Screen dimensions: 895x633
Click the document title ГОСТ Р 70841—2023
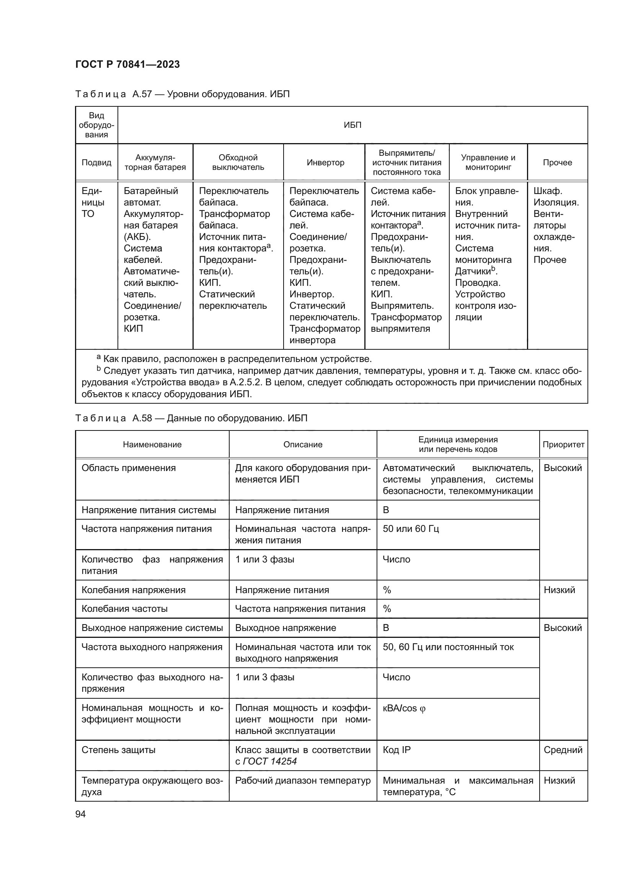click(x=127, y=64)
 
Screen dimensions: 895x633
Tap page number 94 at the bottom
click(x=80, y=814)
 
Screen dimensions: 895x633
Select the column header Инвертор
click(x=325, y=163)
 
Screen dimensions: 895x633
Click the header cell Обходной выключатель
click(x=238, y=163)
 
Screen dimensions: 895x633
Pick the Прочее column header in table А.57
click(x=557, y=163)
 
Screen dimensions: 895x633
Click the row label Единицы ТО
click(x=93, y=202)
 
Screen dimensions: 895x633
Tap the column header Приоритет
click(x=563, y=444)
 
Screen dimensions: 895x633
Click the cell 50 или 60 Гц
click(x=410, y=529)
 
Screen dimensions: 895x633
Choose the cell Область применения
click(x=129, y=468)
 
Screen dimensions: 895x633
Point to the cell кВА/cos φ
click(x=404, y=709)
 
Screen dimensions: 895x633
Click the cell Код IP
click(x=396, y=750)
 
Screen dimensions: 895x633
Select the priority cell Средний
click(x=563, y=750)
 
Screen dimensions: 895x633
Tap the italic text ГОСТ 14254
click(x=270, y=761)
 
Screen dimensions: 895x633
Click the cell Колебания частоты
click(x=124, y=609)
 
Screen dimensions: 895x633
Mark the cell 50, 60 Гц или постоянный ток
click(x=448, y=647)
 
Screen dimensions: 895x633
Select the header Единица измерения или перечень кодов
click(x=458, y=444)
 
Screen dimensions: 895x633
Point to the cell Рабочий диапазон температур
click(x=302, y=781)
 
